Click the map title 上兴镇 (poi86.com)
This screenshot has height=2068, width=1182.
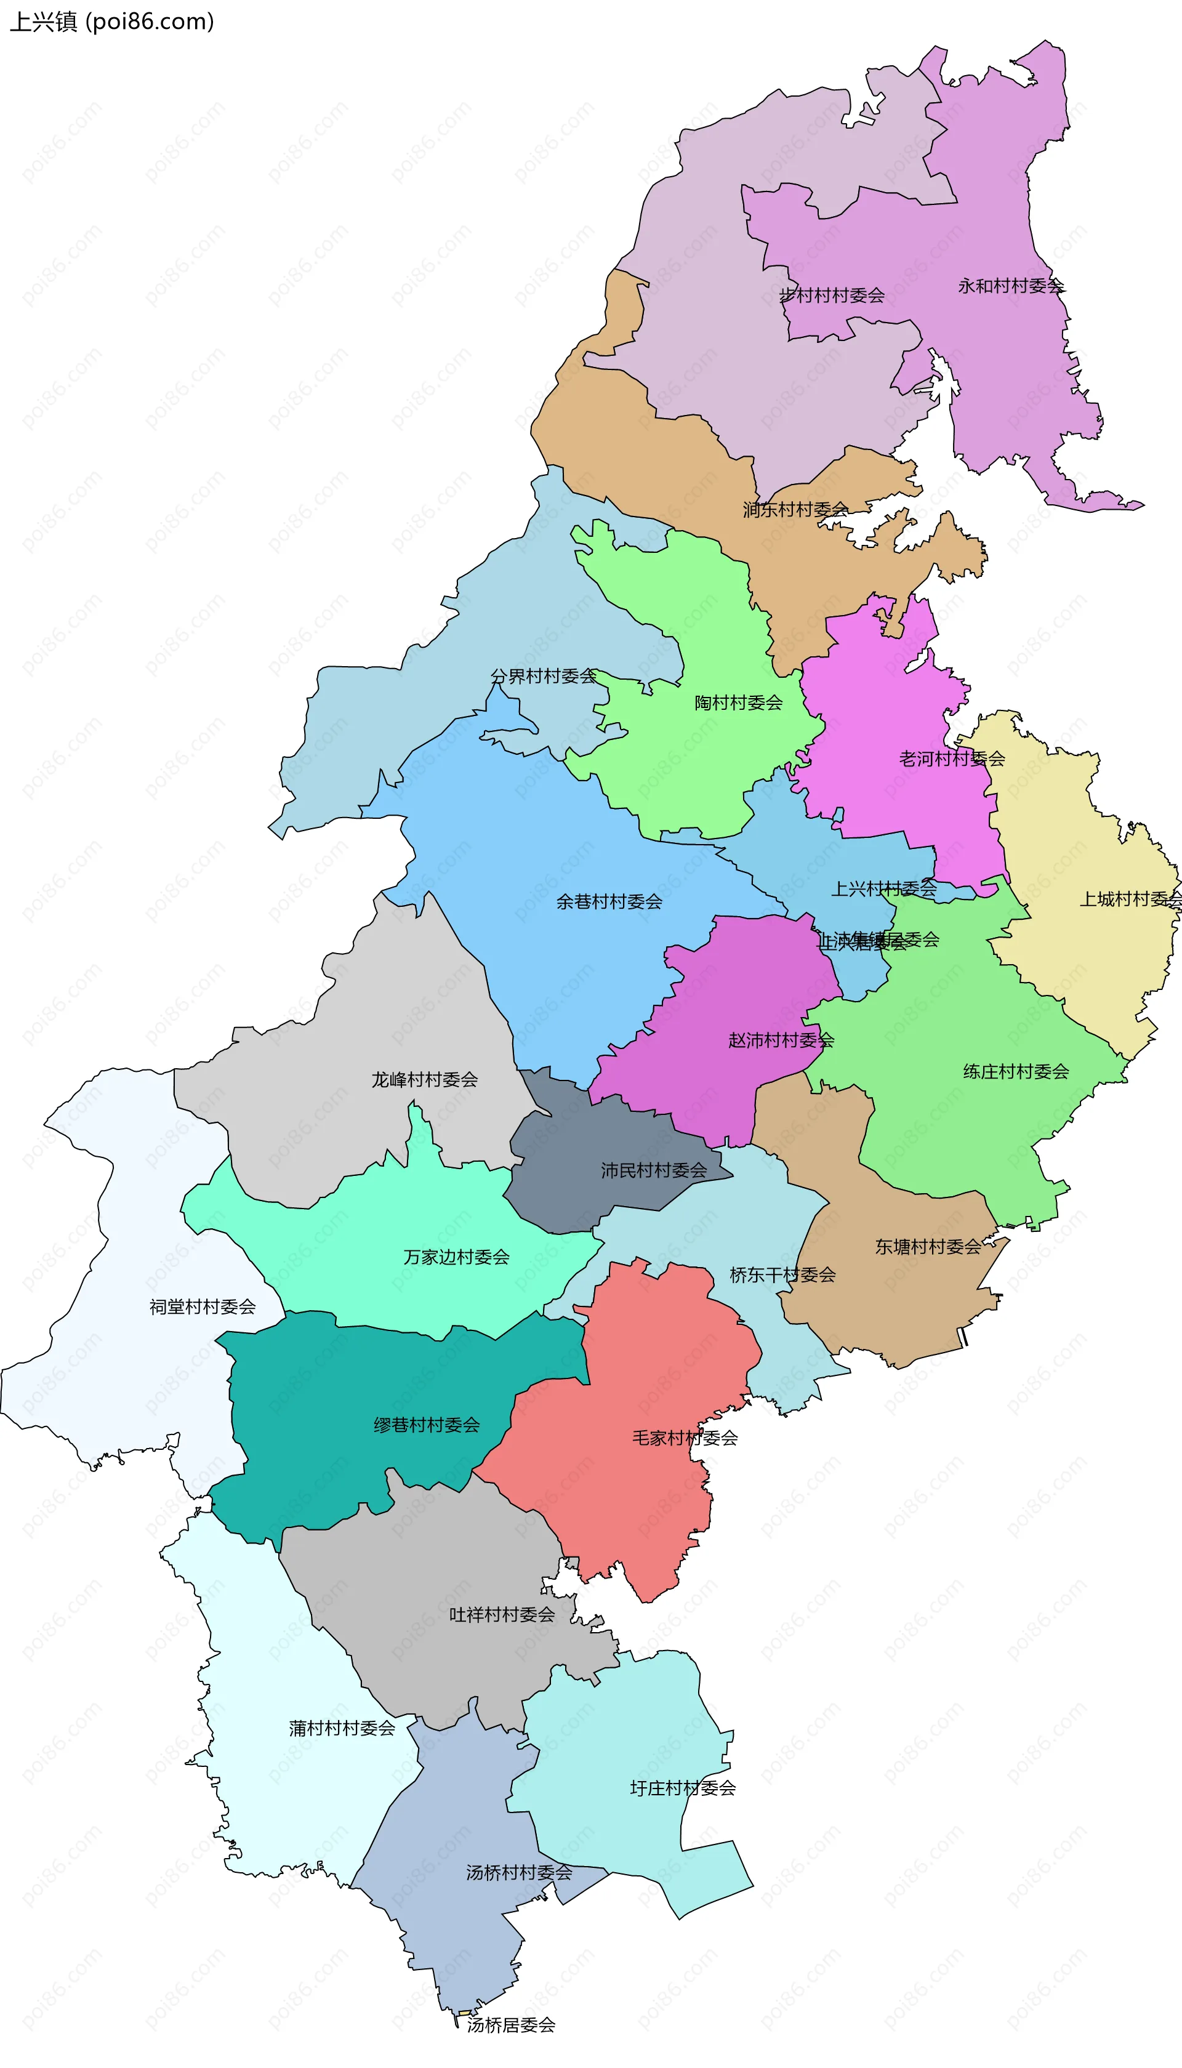coord(111,21)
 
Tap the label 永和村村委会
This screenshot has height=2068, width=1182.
coord(1010,286)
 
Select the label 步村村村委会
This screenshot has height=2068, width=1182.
coord(831,296)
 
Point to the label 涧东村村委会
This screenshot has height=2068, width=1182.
coord(795,510)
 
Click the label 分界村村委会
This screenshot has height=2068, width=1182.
coord(543,676)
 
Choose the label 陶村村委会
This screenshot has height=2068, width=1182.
coord(738,703)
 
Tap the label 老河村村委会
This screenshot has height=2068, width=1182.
coord(951,759)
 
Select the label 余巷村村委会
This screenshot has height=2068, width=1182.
coord(609,902)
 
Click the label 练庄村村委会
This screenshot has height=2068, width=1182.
coord(1016,1071)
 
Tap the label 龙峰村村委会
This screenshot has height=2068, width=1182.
coord(425,1079)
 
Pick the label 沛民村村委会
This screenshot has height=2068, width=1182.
coord(654,1170)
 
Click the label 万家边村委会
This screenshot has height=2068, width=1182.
coord(456,1257)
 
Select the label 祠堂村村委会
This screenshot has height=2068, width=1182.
coord(202,1306)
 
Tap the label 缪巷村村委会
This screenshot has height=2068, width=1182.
coord(426,1425)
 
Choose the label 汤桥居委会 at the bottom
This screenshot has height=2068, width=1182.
coord(510,2025)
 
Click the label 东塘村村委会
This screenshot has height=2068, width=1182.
coord(927,1247)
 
